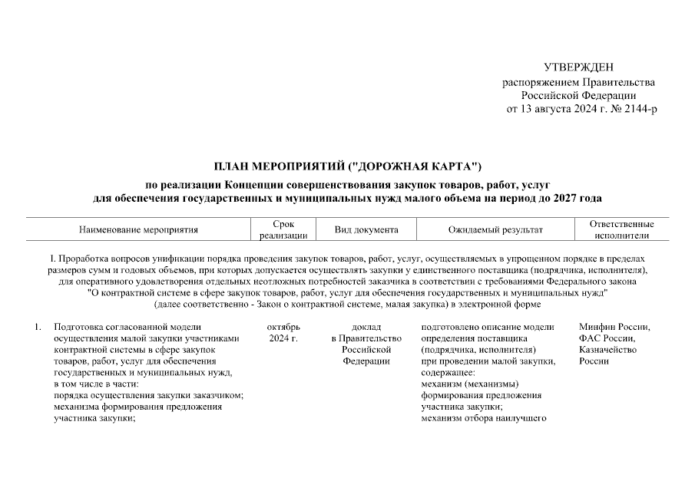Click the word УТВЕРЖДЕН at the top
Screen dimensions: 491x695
(579, 68)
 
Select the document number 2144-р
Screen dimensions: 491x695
(638, 110)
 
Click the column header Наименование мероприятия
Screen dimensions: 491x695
(138, 229)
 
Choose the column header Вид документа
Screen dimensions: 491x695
(366, 229)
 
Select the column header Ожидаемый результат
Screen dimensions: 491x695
(495, 229)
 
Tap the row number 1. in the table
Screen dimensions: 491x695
(38, 328)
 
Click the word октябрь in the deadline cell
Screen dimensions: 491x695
(283, 328)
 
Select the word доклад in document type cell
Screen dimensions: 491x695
(366, 328)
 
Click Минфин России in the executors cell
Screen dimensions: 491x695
(614, 328)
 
